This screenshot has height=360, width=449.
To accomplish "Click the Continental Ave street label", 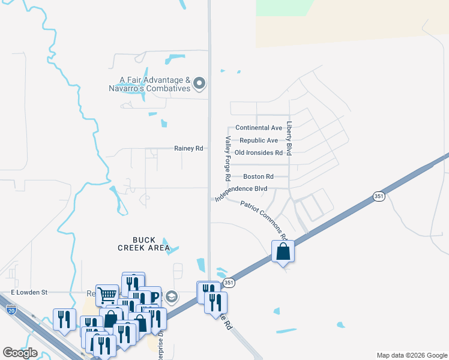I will (x=259, y=128).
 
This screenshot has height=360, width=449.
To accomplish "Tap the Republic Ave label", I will (x=259, y=140).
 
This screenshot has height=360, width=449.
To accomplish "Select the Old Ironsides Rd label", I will (x=258, y=153).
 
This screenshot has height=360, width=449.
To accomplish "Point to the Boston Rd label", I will (x=258, y=176).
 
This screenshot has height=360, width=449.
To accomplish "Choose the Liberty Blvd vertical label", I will (x=289, y=139).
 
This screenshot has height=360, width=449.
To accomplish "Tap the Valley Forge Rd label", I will (x=228, y=158).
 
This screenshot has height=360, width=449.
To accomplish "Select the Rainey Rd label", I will (x=188, y=148).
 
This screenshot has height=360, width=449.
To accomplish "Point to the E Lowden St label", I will (x=29, y=292).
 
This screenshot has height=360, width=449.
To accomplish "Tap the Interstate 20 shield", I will (x=11, y=310).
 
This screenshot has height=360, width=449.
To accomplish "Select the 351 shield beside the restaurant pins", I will (x=228, y=282).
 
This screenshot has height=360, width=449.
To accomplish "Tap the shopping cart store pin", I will (x=107, y=295).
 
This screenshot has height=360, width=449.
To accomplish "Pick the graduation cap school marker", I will (x=172, y=296).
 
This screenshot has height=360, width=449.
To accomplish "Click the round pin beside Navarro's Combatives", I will (x=201, y=83).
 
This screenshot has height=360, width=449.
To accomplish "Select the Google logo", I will (x=20, y=353).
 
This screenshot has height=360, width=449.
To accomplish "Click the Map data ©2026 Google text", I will (x=412, y=355).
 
